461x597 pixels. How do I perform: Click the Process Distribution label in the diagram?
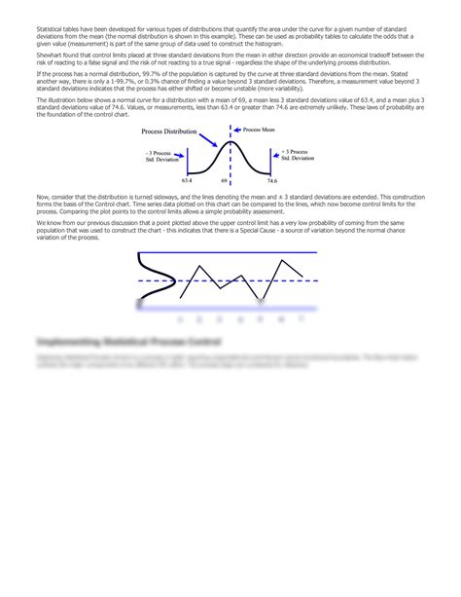(166, 130)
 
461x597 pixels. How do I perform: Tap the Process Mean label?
(260, 129)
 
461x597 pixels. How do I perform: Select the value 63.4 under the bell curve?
(187, 180)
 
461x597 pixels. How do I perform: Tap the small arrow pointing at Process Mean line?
(238, 129)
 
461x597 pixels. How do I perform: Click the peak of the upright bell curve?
(230, 142)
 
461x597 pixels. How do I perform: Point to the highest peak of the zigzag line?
(284, 260)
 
